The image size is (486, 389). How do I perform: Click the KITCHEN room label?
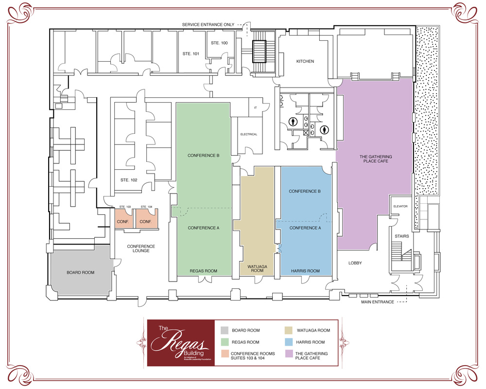tap(305, 62)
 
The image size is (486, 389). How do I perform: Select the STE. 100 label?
tap(219, 43)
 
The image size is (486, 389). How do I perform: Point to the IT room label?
tap(255, 107)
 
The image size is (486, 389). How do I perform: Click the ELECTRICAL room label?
tap(248, 134)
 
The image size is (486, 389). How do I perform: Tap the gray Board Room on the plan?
tap(80, 272)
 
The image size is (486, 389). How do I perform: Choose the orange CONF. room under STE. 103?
tap(121, 221)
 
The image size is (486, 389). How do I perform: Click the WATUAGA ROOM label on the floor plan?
tap(258, 268)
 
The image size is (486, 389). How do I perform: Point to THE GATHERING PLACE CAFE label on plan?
tap(376, 159)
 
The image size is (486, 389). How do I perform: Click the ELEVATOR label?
tap(400, 206)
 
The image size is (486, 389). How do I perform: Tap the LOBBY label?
tap(356, 263)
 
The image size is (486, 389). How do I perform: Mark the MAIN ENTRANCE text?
tap(377, 302)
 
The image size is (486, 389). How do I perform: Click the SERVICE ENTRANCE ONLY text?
tap(208, 24)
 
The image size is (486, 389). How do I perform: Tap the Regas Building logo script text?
tap(180, 342)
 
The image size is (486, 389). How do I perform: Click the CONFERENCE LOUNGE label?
tap(141, 248)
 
